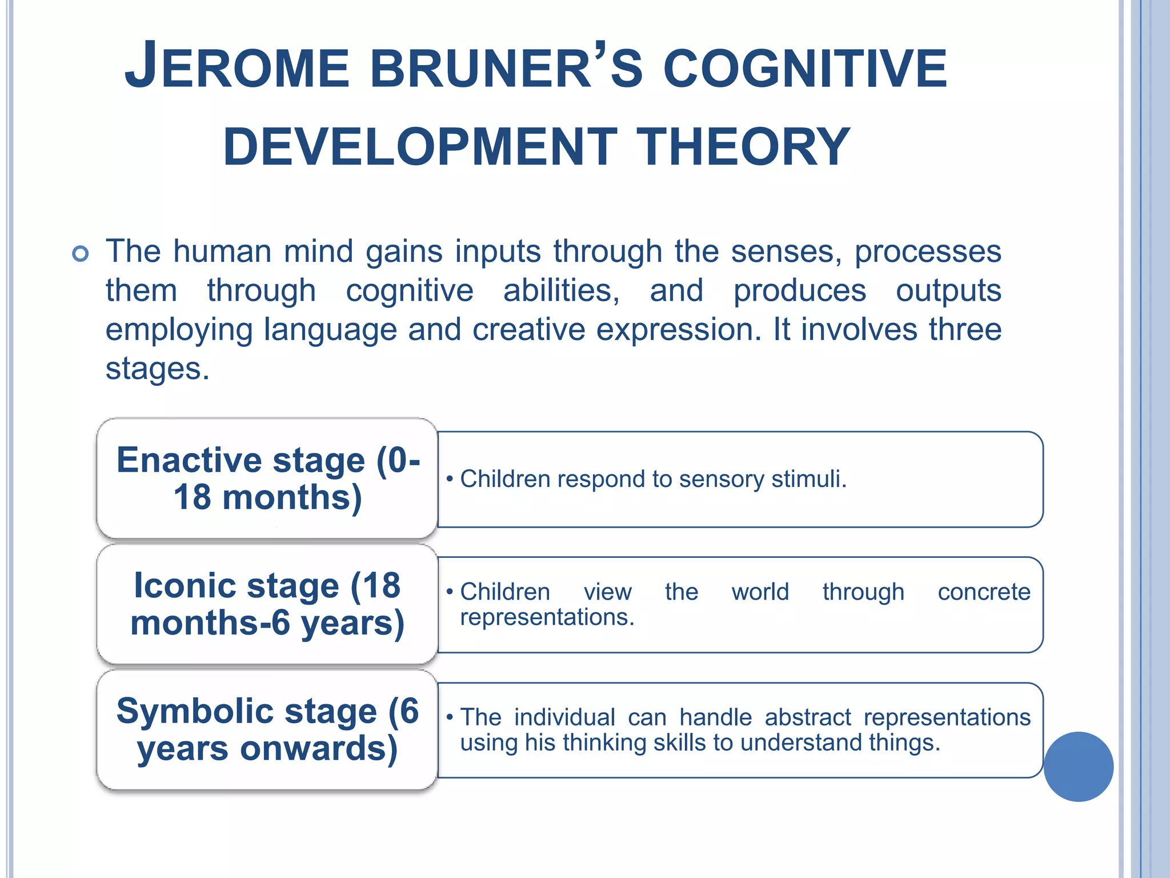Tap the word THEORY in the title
[x=743, y=147]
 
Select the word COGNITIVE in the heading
[x=805, y=69]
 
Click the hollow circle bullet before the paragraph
[x=81, y=253]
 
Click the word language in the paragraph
[x=330, y=330]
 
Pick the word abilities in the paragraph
[x=561, y=290]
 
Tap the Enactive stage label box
[x=267, y=478]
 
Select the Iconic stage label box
[x=267, y=604]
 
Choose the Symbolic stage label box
[x=267, y=729]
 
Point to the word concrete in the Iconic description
[x=984, y=592]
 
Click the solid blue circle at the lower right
[x=1078, y=767]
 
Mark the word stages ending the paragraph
[x=157, y=369]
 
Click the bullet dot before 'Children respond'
[x=450, y=479]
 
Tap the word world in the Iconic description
[x=760, y=592]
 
